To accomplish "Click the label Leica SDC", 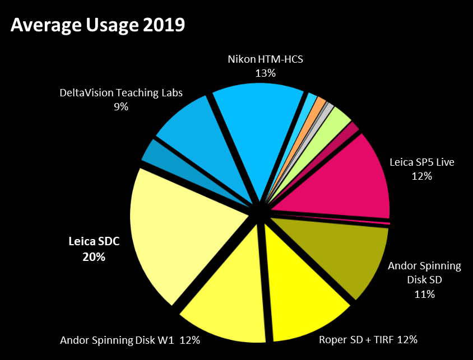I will click(94, 243).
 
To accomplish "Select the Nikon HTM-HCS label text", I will click(265, 59).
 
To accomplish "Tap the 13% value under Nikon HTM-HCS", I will click(265, 73).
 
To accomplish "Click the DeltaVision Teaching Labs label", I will click(121, 92).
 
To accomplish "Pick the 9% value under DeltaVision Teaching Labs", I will click(121, 106).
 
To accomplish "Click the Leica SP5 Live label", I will click(422, 163).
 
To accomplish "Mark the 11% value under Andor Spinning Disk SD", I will click(425, 294).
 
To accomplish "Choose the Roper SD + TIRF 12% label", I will click(368, 339).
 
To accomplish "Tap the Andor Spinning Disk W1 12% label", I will click(130, 339).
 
